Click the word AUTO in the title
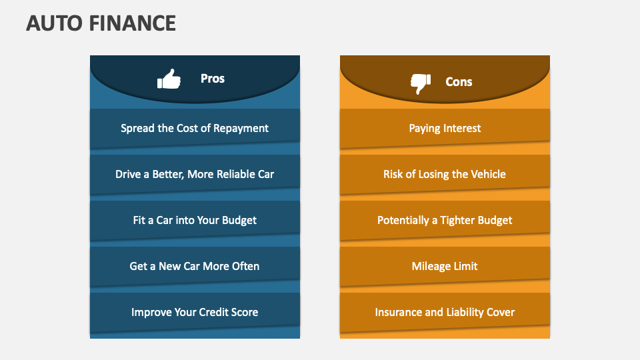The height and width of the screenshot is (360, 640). tap(55, 23)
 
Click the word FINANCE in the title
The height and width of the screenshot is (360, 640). tap(132, 23)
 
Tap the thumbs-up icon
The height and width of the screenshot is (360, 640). tap(169, 79)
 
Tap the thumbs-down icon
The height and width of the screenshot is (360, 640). tap(421, 84)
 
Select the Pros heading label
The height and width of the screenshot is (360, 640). tap(212, 79)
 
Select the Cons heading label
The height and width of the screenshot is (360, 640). tap(459, 81)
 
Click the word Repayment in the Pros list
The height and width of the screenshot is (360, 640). tap(241, 129)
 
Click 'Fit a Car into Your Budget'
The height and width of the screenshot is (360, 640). tap(195, 221)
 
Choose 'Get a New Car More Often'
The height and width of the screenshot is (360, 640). tap(195, 266)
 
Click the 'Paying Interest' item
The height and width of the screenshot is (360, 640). tap(445, 129)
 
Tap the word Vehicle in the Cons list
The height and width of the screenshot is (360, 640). tap(488, 174)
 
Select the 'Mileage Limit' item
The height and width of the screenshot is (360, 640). tap(445, 267)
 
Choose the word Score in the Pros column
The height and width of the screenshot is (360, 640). tap(245, 312)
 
